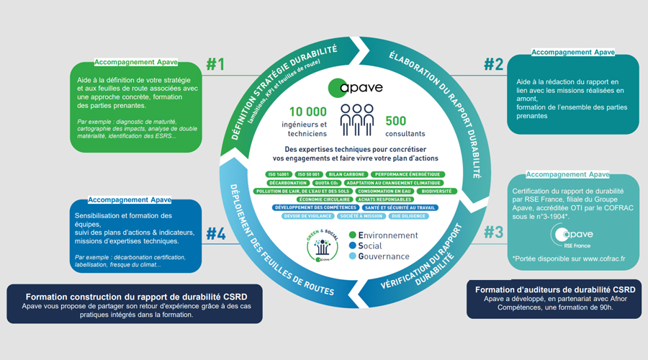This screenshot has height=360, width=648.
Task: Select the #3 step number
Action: [493, 233]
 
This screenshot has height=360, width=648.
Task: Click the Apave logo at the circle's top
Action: [355, 88]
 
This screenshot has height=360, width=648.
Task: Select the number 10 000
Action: [308, 112]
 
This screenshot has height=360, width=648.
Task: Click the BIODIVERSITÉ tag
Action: [436, 192]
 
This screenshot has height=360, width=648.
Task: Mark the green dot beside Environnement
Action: [352, 235]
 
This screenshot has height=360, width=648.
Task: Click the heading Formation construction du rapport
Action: [135, 296]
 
